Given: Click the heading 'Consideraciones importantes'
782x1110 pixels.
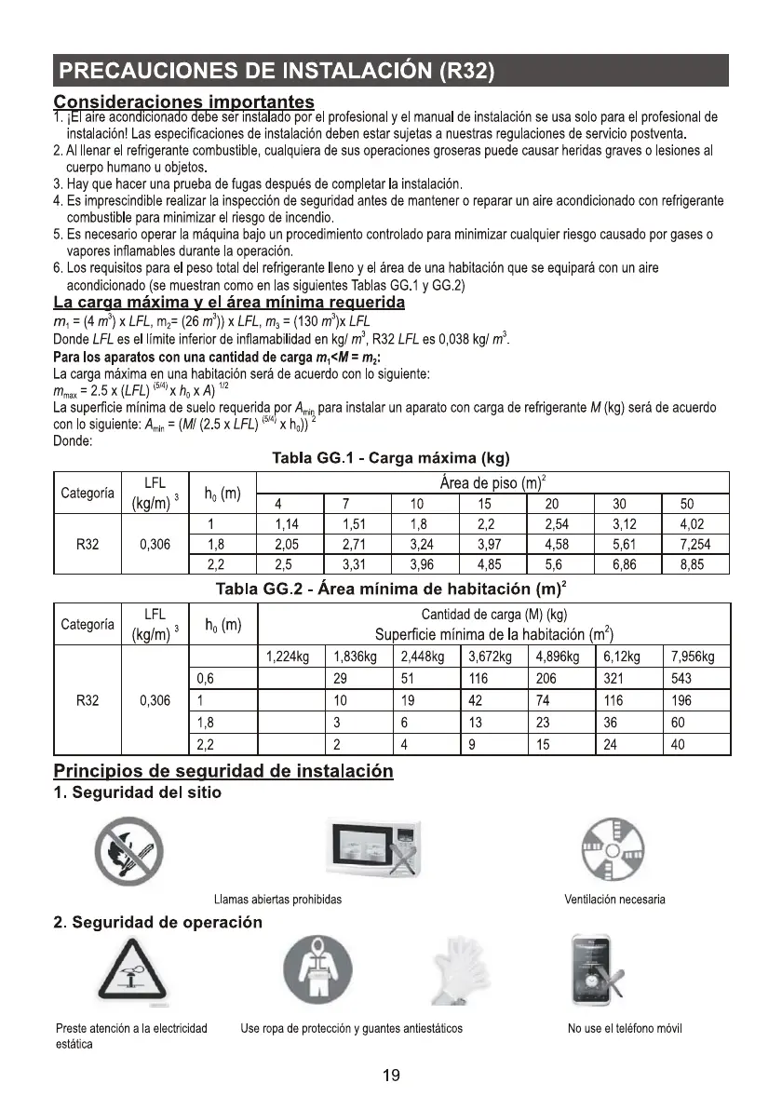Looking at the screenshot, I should click(x=183, y=100).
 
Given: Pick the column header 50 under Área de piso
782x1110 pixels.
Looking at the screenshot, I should click(x=688, y=505).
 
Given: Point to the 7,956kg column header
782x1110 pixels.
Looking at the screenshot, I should click(x=693, y=657).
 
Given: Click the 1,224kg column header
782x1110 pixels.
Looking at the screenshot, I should click(x=288, y=657).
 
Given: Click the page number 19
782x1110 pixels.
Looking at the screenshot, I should click(x=391, y=1076).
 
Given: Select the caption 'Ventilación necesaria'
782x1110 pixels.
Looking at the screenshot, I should click(x=614, y=900).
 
